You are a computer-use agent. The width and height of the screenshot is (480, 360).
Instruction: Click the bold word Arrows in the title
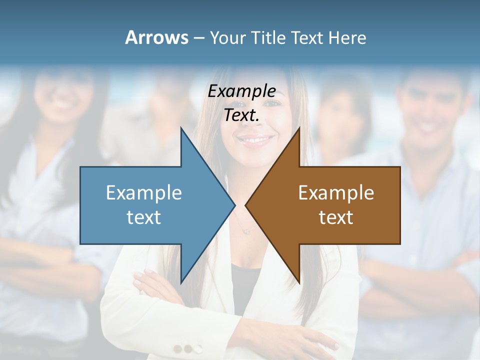157,37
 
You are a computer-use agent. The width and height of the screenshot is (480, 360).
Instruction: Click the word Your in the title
228,37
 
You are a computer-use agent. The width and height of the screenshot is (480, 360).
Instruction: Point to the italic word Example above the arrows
241,91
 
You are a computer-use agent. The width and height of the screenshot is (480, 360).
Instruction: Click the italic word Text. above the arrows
241,115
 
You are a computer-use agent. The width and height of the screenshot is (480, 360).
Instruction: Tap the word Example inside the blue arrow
144,192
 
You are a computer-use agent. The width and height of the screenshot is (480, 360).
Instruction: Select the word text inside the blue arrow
144,217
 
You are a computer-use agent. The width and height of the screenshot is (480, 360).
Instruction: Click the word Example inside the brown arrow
336,192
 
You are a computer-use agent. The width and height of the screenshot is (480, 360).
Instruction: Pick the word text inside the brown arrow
336,217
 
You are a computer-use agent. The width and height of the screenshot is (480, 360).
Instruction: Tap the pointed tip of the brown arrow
246,205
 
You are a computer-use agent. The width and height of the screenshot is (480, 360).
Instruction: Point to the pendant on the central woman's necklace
245,230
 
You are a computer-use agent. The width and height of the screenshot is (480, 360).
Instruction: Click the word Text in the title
306,37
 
